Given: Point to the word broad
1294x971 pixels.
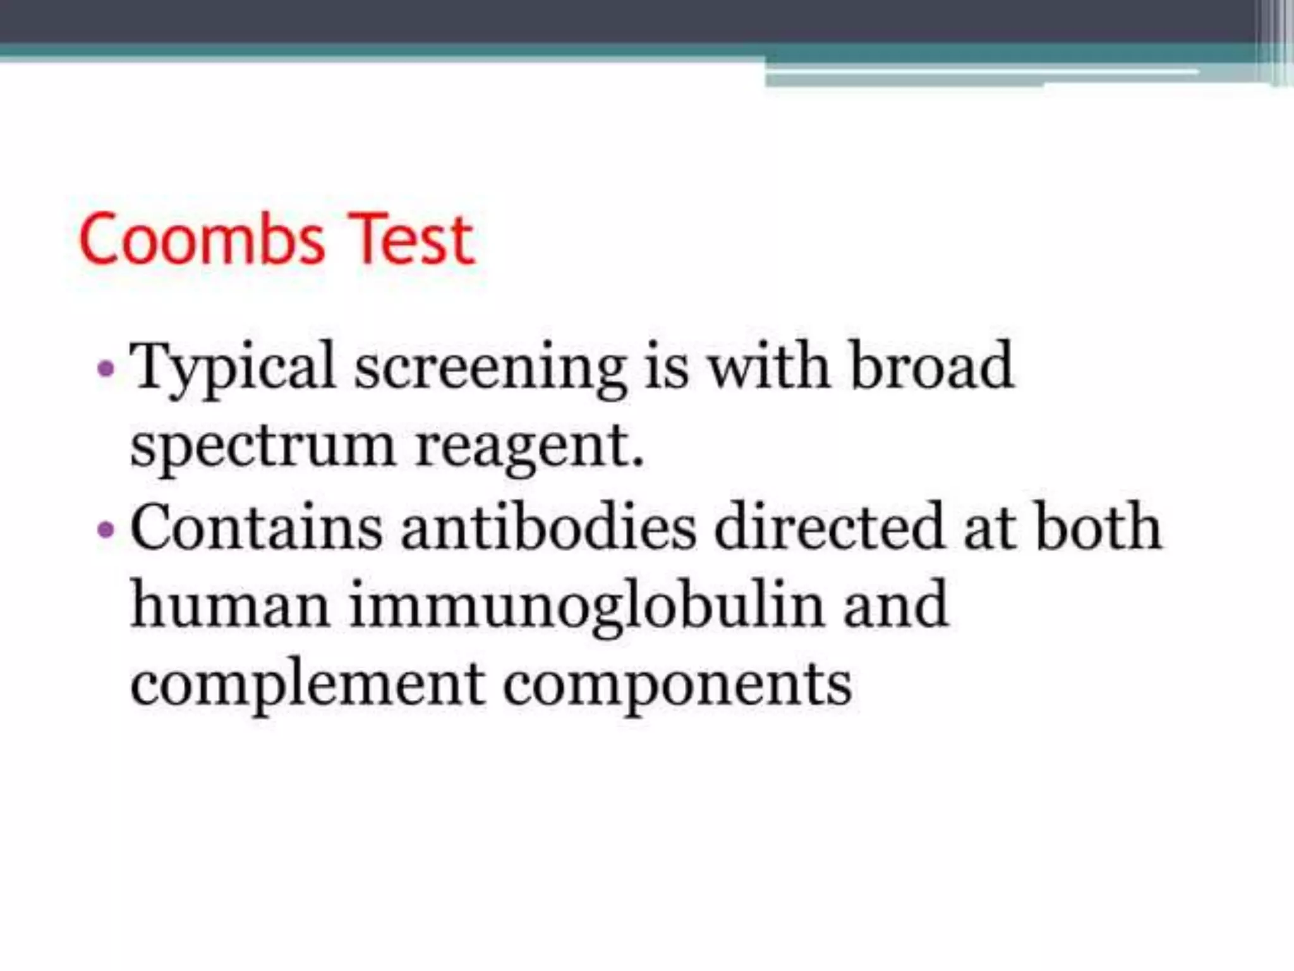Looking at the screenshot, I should point(932,367).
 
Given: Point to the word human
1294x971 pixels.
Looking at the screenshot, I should point(230,606).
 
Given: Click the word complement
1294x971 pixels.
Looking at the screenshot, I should point(307,687).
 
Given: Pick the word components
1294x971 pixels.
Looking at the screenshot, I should point(677,687).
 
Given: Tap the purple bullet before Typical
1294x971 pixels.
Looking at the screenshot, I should point(106,368).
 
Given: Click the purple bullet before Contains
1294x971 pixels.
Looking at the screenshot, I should point(106,528).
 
